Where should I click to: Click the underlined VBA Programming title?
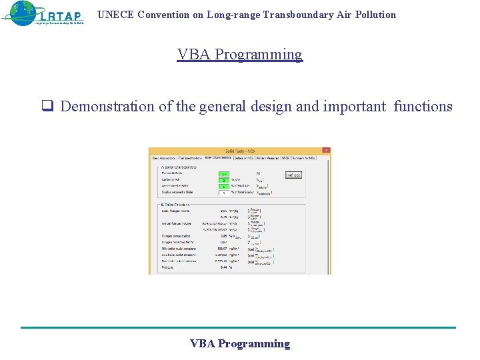[239, 55]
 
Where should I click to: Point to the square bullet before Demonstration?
[47, 107]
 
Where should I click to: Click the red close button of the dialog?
[325, 151]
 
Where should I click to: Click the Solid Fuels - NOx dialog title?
[239, 151]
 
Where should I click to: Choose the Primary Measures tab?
[268, 158]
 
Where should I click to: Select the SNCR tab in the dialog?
[285, 158]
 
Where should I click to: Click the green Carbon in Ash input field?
[225, 180]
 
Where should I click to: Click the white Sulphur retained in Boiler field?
[225, 193]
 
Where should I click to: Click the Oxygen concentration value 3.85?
[223, 236]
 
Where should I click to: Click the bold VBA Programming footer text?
[239, 344]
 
